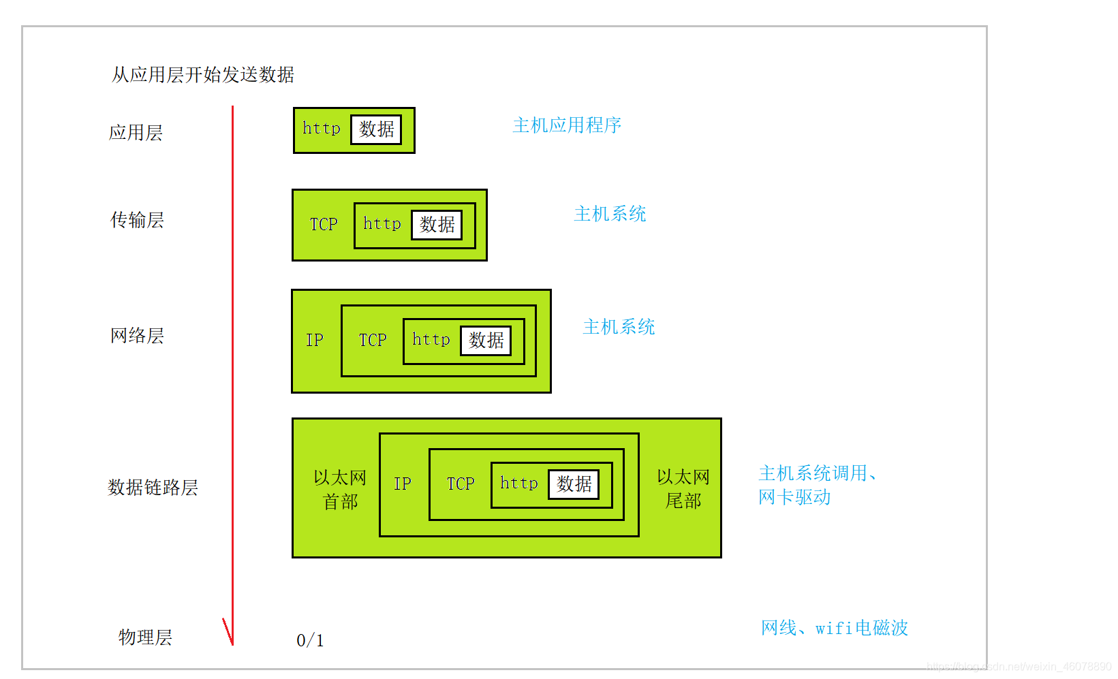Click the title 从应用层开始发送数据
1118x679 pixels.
point(203,74)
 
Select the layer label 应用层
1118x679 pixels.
point(136,132)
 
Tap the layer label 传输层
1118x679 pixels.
point(137,220)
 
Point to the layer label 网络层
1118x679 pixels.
point(137,336)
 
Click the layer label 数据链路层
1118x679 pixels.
point(153,488)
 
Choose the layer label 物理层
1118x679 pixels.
point(145,637)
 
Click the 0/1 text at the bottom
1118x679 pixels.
point(310,640)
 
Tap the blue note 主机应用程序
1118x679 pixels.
point(567,125)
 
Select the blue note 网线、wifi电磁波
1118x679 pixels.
point(834,628)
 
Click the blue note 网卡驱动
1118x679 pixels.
point(794,497)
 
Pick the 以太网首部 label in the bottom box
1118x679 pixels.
point(340,490)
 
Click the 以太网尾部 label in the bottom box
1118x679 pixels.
point(683,489)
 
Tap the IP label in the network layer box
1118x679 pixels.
point(314,340)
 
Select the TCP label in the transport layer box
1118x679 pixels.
point(323,224)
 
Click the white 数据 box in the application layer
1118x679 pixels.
point(376,129)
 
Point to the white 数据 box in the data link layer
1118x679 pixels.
point(574,484)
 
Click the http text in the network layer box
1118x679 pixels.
point(431,339)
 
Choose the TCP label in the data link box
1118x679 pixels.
point(460,484)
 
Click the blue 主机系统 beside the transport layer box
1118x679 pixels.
point(610,214)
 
